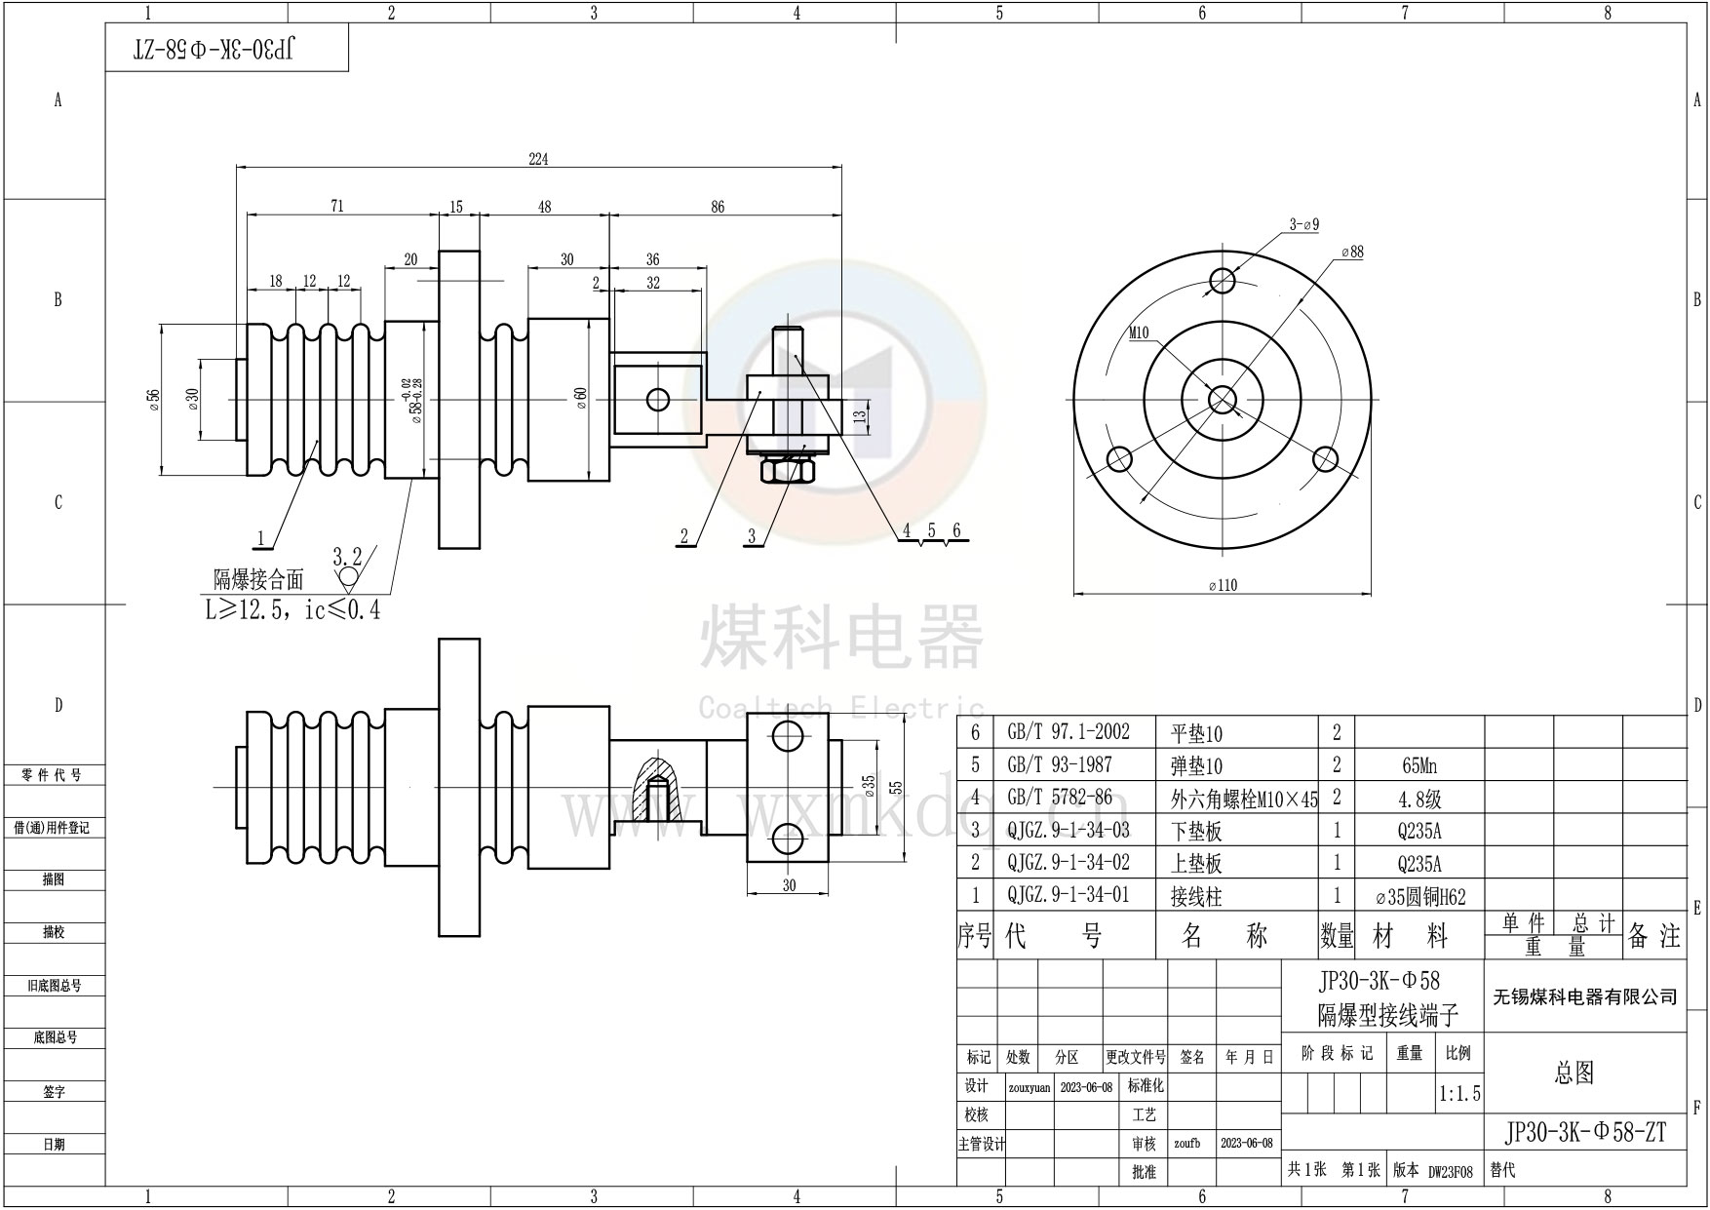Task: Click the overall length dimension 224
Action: point(538,160)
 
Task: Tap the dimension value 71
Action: point(337,206)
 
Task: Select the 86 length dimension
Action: point(718,207)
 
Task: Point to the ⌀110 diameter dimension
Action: point(1222,585)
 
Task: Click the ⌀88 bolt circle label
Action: point(1352,252)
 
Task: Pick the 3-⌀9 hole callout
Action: point(1303,224)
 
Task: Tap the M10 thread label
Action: point(1139,332)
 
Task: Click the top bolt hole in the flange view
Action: point(1222,280)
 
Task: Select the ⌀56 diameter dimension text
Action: point(154,401)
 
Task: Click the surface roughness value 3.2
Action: point(347,557)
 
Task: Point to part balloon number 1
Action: point(261,537)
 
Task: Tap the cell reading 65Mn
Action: point(1419,766)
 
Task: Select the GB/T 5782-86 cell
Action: point(1059,798)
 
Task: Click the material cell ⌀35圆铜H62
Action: point(1419,896)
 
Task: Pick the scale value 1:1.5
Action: point(1458,1094)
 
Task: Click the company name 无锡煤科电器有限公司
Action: point(1585,996)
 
